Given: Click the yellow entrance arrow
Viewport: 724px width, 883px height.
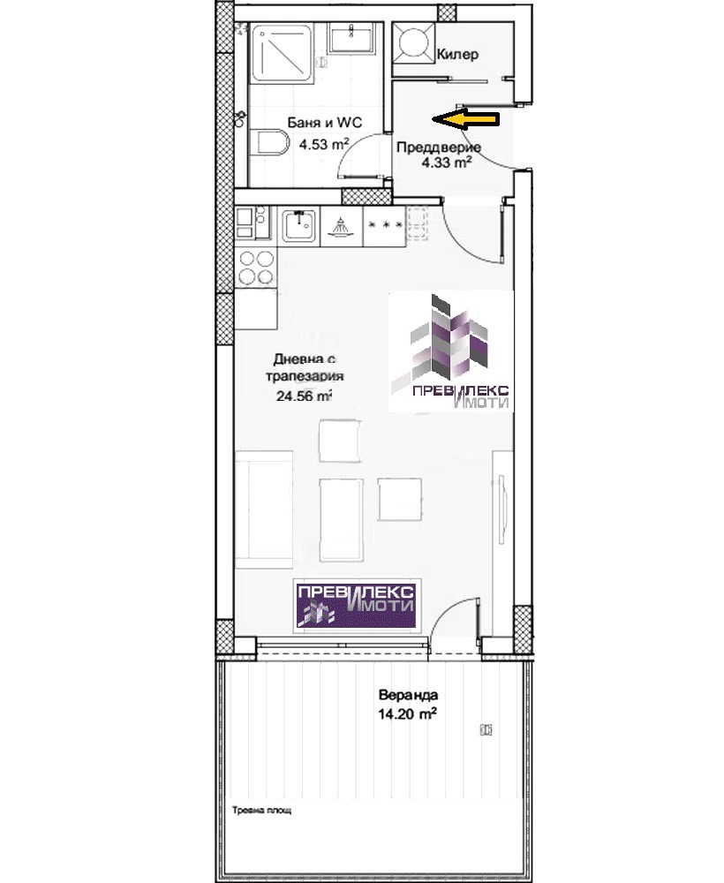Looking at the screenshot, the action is (465, 119).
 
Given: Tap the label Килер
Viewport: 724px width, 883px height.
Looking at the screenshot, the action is (457, 55).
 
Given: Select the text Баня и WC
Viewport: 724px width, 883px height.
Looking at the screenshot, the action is (325, 122).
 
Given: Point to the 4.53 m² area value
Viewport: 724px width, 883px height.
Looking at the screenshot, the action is (324, 144).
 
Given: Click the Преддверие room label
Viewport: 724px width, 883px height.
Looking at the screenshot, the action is (439, 147).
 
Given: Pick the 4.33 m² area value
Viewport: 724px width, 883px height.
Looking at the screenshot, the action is (447, 162).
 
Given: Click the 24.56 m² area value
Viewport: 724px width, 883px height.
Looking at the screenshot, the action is (304, 396).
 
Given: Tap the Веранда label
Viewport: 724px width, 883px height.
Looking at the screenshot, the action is (408, 695).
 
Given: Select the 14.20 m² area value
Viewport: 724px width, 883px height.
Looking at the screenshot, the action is (408, 714).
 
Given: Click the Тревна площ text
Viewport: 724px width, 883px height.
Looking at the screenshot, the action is (262, 811).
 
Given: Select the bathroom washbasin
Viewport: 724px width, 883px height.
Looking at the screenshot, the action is (351, 37).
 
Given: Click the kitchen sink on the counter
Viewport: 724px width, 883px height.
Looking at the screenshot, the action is (299, 225).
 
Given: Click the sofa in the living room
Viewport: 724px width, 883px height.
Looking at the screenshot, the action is (264, 509).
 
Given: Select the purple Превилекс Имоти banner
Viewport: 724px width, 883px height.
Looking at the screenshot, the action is (357, 604).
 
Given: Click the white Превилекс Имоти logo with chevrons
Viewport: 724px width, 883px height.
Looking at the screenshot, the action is (451, 351).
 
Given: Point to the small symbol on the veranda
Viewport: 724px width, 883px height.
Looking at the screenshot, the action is (486, 729).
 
